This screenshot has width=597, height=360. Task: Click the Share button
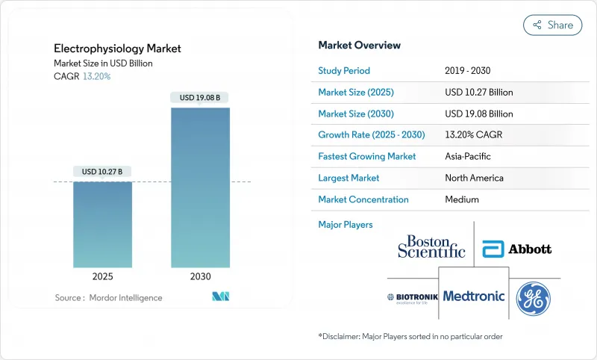click(553, 25)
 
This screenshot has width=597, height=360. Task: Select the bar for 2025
click(102, 224)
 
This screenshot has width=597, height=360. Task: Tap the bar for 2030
click(200, 187)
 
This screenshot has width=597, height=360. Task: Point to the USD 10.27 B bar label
click(102, 172)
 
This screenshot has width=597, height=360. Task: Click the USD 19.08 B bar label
click(200, 97)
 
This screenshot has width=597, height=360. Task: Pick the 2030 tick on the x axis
click(200, 276)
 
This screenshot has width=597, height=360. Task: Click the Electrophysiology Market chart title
click(117, 49)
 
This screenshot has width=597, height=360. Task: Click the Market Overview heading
click(360, 46)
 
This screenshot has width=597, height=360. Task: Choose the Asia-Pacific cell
click(468, 157)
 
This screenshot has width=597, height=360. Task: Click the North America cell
click(474, 179)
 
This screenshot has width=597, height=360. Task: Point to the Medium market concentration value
click(461, 199)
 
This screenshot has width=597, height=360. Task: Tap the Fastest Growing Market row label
click(367, 157)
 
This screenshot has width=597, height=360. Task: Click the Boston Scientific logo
click(431, 246)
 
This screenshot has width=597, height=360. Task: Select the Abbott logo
click(517, 249)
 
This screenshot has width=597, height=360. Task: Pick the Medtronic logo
click(474, 296)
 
